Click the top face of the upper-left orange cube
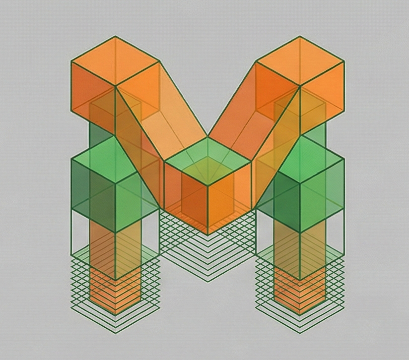pos(115,61)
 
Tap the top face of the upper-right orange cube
pos(300,61)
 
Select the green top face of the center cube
pos(207,160)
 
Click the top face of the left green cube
pos(115,160)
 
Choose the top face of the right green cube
pos(300,160)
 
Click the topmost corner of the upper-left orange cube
pos(115,36)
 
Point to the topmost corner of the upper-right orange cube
pos(300,36)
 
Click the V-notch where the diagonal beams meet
pos(207,136)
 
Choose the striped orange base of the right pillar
pos(300,293)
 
